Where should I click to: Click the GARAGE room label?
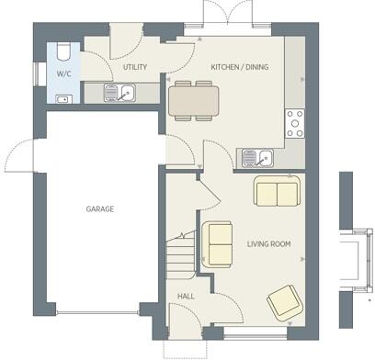[100, 209]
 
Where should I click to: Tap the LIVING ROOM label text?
[268, 243]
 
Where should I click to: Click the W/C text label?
[64, 73]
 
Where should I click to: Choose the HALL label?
[186, 296]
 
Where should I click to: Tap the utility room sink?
[119, 93]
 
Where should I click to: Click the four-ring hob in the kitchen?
[296, 123]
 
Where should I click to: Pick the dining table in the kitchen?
[194, 98]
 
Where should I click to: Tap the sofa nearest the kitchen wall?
[276, 193]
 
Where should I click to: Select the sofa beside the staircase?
[218, 243]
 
